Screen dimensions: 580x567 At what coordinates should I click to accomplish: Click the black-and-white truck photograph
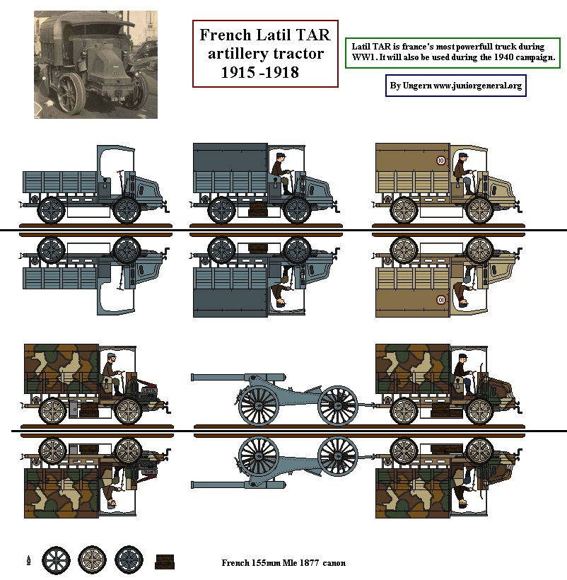point(95,64)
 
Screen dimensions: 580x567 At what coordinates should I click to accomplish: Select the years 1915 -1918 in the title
point(259,72)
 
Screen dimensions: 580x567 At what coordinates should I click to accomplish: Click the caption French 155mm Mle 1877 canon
point(283,563)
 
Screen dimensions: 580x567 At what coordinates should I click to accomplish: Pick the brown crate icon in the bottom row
point(164,561)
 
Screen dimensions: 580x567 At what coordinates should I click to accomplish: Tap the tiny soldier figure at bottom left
point(28,561)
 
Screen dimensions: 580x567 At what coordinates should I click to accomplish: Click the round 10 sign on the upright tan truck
point(440,160)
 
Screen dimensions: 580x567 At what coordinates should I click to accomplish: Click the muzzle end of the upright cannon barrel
point(194,377)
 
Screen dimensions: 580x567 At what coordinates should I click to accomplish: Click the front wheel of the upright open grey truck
point(127,209)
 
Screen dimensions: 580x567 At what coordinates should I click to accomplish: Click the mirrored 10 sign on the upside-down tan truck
point(440,298)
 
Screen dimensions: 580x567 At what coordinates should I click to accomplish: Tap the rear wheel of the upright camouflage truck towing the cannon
point(404,410)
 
